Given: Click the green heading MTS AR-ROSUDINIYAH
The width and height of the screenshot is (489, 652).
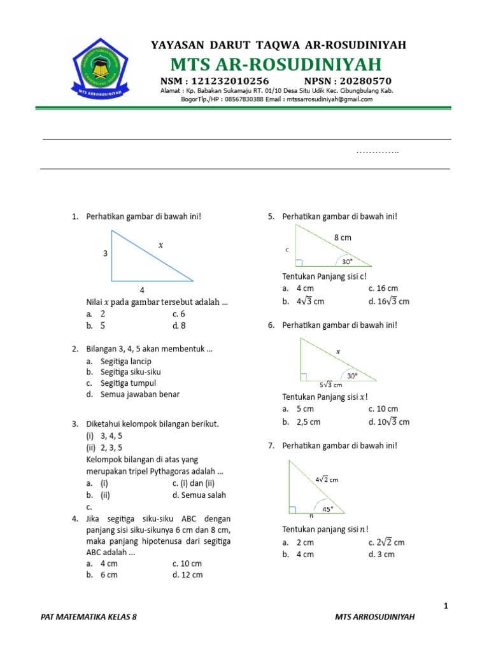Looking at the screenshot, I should (276, 64).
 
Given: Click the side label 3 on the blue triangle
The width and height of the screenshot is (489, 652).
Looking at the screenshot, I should (105, 253).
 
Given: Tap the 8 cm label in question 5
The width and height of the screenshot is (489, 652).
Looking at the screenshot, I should (343, 237).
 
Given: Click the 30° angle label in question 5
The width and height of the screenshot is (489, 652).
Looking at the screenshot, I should (346, 261).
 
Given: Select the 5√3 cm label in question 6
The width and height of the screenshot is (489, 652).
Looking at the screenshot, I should (330, 385).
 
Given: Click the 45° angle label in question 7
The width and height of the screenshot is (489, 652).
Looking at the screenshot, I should (327, 509).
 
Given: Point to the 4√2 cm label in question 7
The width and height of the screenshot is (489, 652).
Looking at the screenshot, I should (326, 479).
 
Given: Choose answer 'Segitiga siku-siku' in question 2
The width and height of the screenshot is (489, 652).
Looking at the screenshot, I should (131, 372).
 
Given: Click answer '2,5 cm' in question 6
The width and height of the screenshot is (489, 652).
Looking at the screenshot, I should (308, 422).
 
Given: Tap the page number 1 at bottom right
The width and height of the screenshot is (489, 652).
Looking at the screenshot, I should (446, 606).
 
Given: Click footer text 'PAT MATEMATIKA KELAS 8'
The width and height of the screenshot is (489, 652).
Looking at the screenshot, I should (89, 617).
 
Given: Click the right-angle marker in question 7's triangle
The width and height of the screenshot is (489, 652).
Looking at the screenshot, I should (292, 509).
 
